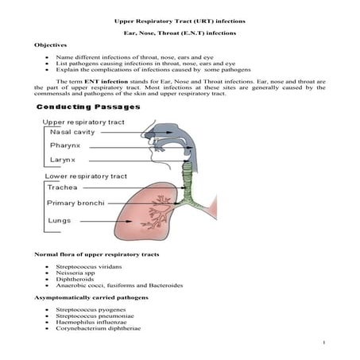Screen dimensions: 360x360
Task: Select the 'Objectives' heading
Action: point(50,45)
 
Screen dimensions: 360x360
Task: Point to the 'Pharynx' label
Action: point(67,146)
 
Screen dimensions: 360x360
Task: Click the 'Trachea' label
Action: point(62,188)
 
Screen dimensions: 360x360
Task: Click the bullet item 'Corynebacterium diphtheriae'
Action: point(99,327)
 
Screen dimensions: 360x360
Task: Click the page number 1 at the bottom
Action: point(326,343)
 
